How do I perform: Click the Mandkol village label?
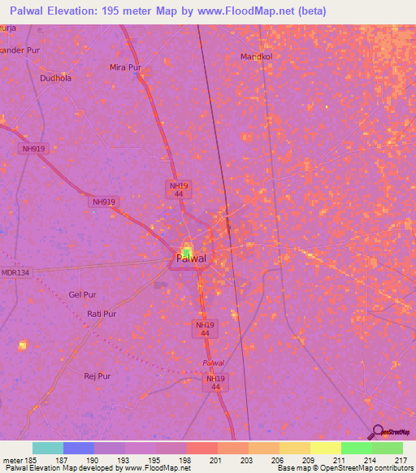click(254, 57)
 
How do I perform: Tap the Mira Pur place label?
click(126, 67)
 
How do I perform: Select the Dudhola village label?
click(56, 78)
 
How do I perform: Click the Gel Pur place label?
click(83, 294)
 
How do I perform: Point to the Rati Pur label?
click(102, 313)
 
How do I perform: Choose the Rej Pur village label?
click(97, 375)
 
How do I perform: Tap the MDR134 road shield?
click(15, 273)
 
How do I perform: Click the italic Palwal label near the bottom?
click(214, 362)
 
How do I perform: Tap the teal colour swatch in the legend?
click(47, 448)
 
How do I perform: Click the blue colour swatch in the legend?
click(78, 448)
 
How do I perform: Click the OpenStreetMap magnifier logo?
click(379, 432)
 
